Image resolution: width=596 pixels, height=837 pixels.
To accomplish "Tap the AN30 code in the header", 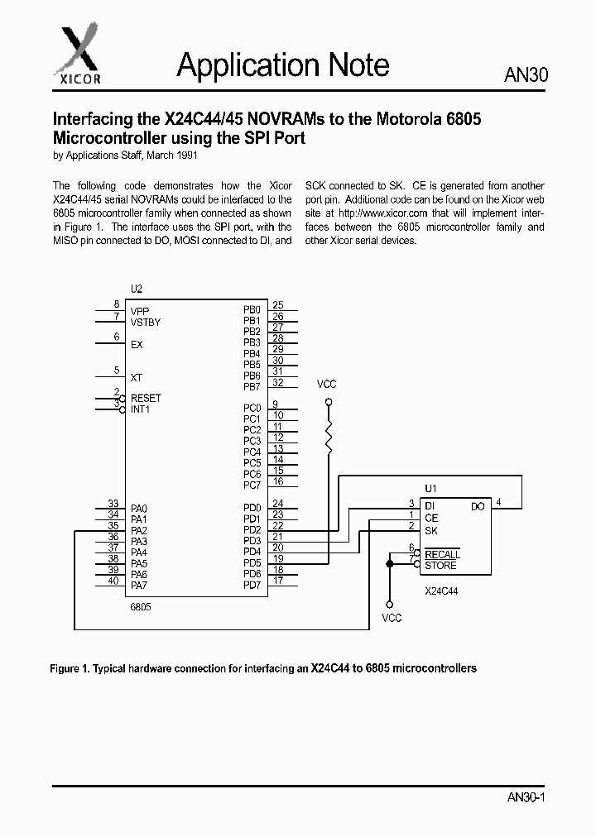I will click(526, 75).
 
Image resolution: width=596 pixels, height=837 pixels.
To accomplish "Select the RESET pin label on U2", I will click(146, 398).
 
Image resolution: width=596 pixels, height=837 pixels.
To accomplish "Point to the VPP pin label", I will click(140, 311).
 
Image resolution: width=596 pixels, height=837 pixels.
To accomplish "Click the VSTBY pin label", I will click(146, 322).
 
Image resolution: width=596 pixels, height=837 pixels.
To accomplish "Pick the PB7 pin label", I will click(252, 387).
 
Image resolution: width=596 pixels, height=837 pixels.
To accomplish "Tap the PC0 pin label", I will click(252, 408).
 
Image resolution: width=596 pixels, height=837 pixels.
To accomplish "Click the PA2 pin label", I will click(139, 530).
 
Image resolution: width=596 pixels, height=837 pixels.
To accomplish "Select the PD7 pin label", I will click(252, 586).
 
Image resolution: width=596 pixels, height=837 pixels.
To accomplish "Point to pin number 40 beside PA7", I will click(113, 581).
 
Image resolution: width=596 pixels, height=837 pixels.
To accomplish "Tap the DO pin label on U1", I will click(478, 506).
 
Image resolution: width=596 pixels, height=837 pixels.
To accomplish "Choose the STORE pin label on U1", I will click(440, 566).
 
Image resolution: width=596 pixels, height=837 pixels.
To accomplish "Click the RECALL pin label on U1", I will click(442, 555).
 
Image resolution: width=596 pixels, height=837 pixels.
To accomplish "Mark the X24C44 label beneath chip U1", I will click(441, 592).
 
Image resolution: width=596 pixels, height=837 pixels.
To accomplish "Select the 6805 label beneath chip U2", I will click(142, 606).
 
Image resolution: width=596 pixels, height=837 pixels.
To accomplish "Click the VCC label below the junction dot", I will click(392, 618).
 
